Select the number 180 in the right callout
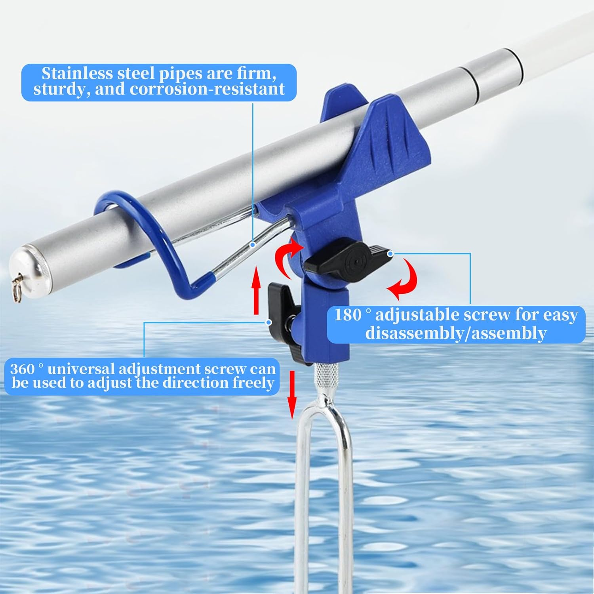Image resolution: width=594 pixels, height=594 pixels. pyautogui.click(x=348, y=316)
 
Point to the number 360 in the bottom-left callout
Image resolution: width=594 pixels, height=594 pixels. pyautogui.click(x=22, y=369)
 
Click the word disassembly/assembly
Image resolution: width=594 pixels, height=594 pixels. pyautogui.click(x=456, y=333)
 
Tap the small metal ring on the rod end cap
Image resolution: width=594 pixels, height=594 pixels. pyautogui.click(x=17, y=284)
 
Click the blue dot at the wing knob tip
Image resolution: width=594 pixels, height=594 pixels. pyautogui.click(x=390, y=253)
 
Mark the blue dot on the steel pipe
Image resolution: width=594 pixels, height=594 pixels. pyautogui.click(x=253, y=245)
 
